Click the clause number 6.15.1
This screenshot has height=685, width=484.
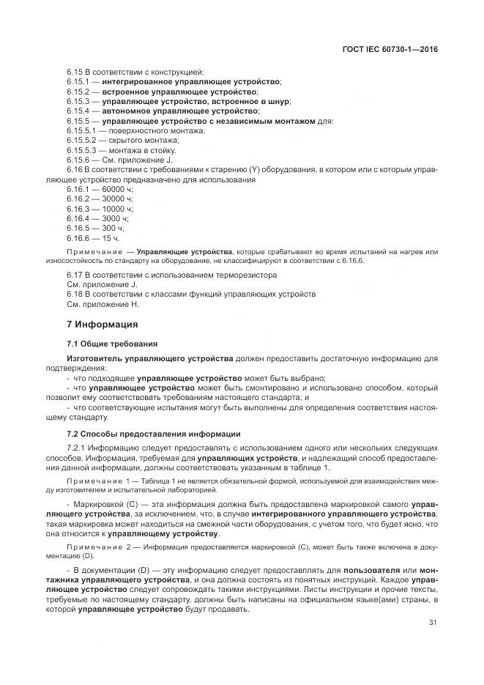[x=78, y=82]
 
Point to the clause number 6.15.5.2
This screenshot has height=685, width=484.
[x=82, y=139]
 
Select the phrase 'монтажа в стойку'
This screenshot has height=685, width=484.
[x=133, y=149]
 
